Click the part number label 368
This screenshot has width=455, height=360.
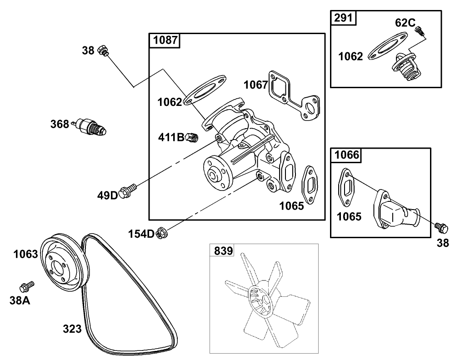[60, 124]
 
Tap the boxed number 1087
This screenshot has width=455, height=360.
[165, 40]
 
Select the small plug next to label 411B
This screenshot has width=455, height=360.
[192, 137]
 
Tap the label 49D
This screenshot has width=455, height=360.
[107, 195]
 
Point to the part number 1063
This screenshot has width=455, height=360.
[25, 254]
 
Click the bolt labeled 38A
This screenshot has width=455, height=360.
[26, 286]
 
